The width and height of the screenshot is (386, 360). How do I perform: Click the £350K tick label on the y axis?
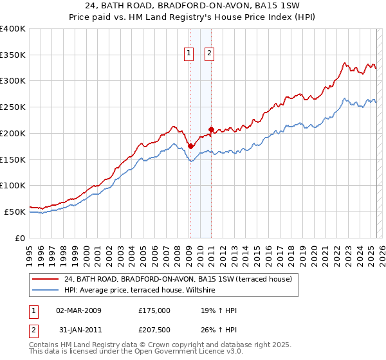(13, 55)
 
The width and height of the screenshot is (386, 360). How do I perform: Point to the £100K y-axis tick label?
(13, 185)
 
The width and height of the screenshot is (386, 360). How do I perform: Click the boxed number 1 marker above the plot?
(190, 53)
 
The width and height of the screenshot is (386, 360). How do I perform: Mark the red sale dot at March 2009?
(190, 146)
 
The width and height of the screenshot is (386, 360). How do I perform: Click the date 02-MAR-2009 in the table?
(79, 310)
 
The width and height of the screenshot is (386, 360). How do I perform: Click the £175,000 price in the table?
(154, 310)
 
